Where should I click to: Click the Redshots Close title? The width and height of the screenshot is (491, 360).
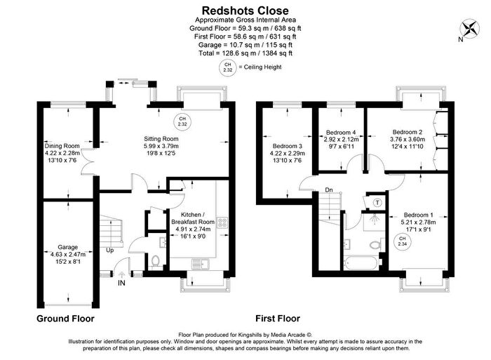(245, 11)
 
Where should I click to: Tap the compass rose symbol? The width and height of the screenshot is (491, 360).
(470, 29)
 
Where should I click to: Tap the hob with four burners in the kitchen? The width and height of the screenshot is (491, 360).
(223, 222)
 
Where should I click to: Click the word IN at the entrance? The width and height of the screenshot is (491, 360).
(121, 283)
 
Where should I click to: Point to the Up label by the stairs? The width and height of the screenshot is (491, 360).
(110, 251)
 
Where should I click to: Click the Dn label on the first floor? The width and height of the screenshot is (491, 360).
(329, 190)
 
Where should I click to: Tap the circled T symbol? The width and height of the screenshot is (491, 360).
(377, 203)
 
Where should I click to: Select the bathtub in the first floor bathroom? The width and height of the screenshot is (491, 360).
(361, 263)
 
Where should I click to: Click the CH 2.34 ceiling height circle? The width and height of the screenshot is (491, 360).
(402, 241)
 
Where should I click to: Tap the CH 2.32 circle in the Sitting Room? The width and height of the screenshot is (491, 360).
(182, 121)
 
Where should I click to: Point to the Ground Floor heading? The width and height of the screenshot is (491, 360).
(65, 319)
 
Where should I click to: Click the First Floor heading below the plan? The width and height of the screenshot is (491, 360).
(278, 319)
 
